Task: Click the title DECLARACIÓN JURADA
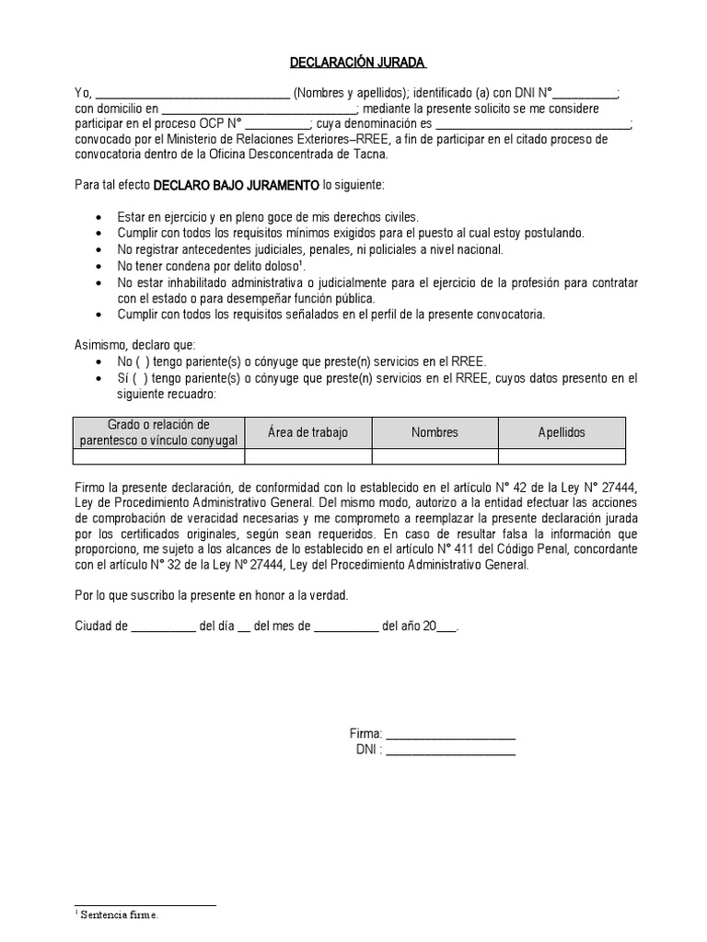coord(344,63)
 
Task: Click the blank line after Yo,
coord(191,94)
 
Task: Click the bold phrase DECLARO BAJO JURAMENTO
coord(236,185)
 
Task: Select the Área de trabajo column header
coord(307,432)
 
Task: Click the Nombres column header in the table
coord(435,432)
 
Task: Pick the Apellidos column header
coord(562,432)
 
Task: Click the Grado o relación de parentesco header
coord(159,432)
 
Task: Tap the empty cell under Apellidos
coord(562,456)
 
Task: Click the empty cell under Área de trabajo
coord(307,456)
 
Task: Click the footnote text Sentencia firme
coord(119,915)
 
